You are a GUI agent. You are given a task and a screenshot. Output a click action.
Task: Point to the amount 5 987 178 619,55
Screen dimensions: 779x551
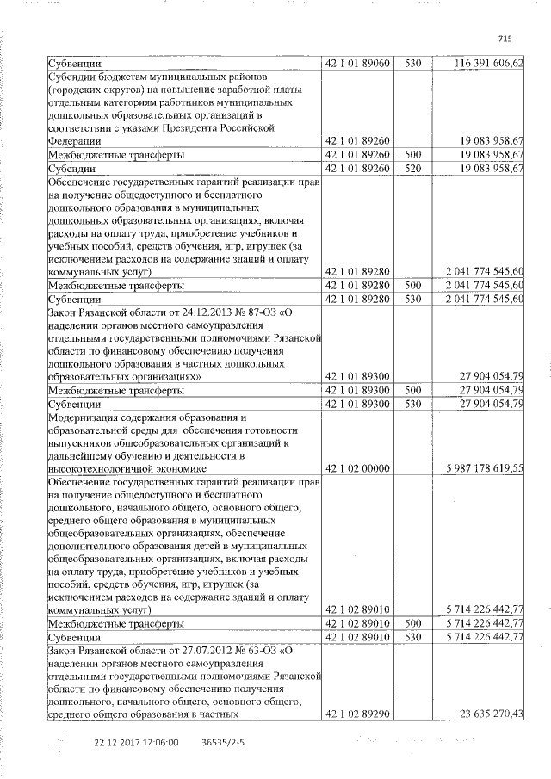tap(485, 468)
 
